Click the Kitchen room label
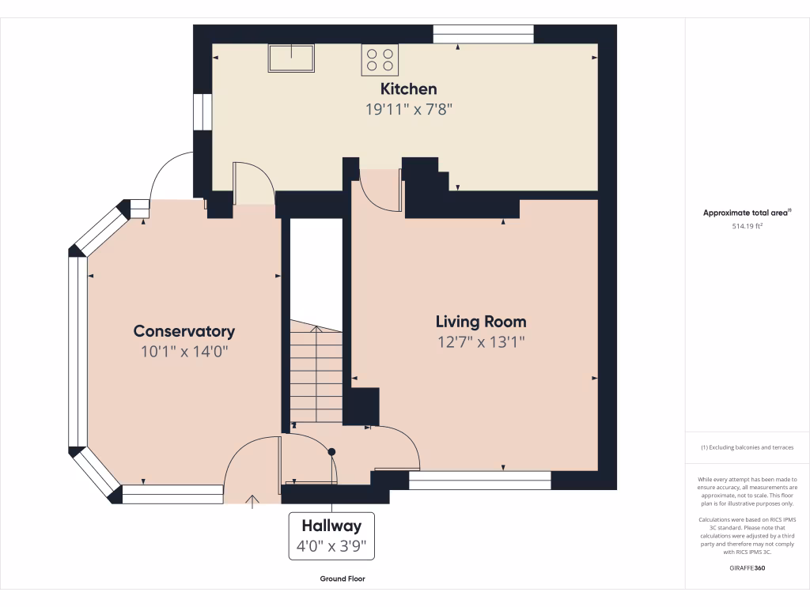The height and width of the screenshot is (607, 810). click(408, 89)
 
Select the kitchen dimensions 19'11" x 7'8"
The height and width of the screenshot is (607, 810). click(408, 110)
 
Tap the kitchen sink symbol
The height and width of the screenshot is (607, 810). click(291, 58)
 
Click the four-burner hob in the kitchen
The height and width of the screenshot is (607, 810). click(380, 60)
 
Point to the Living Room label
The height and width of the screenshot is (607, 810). click(481, 322)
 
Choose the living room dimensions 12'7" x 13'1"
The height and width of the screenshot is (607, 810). click(481, 342)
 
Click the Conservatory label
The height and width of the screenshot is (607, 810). click(184, 331)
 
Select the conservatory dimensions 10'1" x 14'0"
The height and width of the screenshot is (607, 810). click(184, 352)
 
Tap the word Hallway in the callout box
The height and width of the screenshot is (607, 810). click(331, 526)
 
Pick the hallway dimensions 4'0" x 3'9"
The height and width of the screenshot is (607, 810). click(331, 546)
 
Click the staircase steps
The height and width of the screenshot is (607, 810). click(316, 371)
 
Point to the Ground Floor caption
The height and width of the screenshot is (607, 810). click(343, 579)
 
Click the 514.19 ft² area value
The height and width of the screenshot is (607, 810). click(748, 226)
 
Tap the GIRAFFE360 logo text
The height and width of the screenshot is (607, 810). click(748, 567)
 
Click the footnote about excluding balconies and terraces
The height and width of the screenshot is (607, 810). click(748, 447)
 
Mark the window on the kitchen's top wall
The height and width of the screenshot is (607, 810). click(483, 34)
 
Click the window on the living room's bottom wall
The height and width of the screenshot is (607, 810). click(479, 481)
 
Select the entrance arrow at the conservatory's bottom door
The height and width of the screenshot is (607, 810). click(253, 500)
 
